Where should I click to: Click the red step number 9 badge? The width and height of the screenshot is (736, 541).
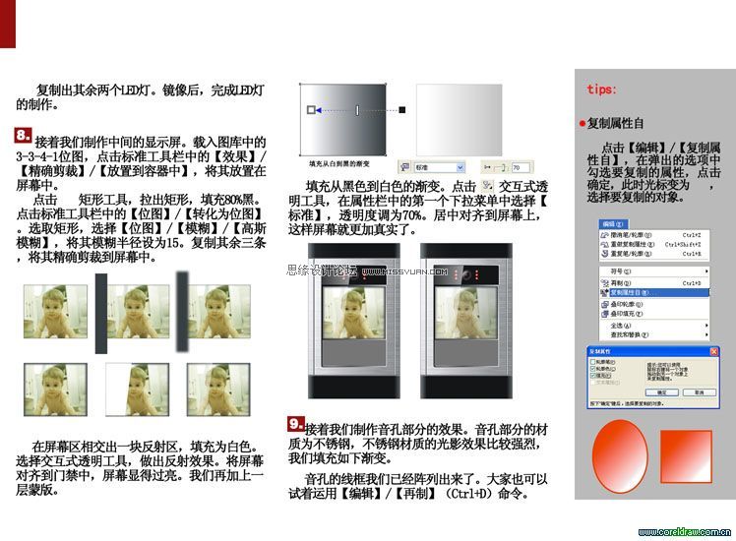(295, 424)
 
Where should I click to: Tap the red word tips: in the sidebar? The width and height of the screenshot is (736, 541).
(601, 89)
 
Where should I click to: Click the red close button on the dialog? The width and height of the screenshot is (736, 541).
(705, 350)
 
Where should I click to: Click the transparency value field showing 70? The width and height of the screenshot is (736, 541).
(519, 168)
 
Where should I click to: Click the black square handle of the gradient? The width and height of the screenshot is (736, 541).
(401, 109)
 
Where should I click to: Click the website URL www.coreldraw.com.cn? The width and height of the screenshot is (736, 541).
(690, 532)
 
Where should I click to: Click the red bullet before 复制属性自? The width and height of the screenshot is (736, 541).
(583, 124)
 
